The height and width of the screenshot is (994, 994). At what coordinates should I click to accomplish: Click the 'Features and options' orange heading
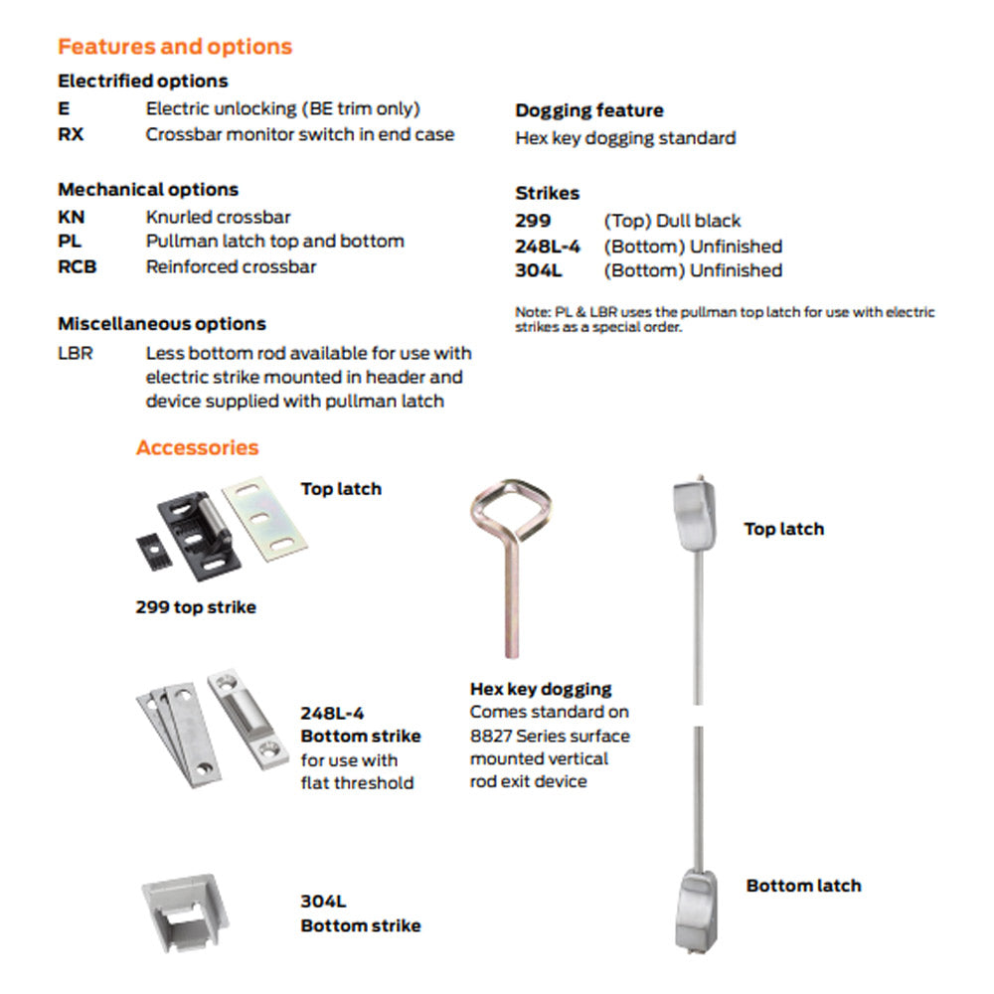click(175, 47)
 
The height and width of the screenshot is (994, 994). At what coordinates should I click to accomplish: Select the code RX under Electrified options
click(71, 134)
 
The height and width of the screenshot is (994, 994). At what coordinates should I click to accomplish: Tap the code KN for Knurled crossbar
click(71, 217)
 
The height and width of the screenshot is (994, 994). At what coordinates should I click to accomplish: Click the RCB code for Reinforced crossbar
click(78, 266)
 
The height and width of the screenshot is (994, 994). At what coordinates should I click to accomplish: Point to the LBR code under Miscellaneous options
click(76, 353)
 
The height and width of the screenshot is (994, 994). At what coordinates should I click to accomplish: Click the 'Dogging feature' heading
click(588, 110)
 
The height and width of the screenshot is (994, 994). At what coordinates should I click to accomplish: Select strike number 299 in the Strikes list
click(533, 221)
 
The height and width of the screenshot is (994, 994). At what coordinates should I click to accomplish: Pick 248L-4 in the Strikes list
click(548, 246)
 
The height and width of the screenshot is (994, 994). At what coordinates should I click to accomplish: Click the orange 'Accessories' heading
click(197, 447)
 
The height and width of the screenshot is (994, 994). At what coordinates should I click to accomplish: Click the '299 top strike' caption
click(196, 606)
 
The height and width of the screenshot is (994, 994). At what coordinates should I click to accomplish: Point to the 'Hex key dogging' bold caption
click(541, 688)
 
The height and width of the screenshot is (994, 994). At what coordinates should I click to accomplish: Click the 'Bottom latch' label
click(803, 885)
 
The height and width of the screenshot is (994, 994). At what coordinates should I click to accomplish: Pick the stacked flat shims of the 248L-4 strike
click(171, 731)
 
